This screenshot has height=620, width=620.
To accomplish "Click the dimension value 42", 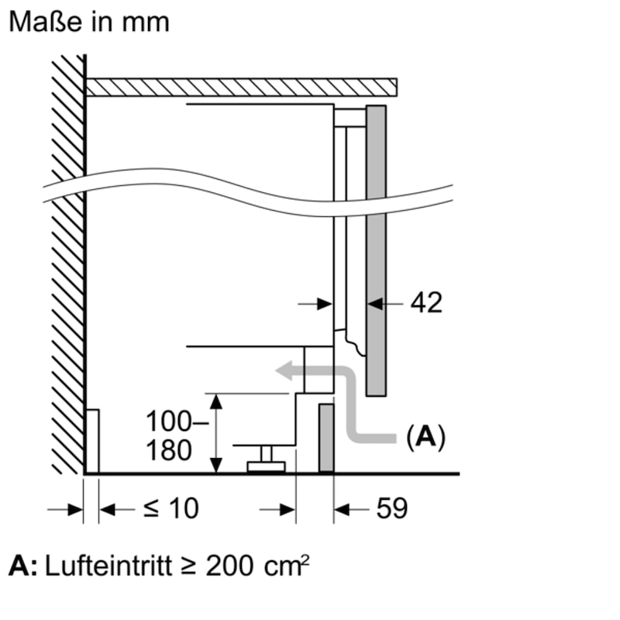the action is pyautogui.click(x=426, y=303).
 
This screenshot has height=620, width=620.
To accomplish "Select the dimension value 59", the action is pyautogui.click(x=392, y=508).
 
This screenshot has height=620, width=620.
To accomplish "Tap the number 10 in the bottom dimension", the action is pyautogui.click(x=184, y=508).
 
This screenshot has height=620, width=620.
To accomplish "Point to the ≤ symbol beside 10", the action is pyautogui.click(x=152, y=508).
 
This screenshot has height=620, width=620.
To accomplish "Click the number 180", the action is pyautogui.click(x=169, y=450).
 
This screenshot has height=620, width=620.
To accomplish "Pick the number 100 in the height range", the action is pyautogui.click(x=169, y=421).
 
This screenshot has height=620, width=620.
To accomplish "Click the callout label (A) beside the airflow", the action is pyautogui.click(x=425, y=437).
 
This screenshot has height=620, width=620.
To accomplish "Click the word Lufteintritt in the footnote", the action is pyautogui.click(x=108, y=566).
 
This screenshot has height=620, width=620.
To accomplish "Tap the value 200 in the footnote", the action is pyautogui.click(x=229, y=567).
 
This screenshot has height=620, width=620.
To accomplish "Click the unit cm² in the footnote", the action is pyautogui.click(x=286, y=566).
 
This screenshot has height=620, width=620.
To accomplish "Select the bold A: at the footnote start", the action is pyautogui.click(x=23, y=567).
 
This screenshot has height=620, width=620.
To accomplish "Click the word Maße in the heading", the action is pyautogui.click(x=46, y=22).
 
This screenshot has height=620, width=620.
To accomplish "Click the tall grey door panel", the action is pyautogui.click(x=376, y=250).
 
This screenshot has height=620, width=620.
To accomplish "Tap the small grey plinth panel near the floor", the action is pyautogui.click(x=326, y=438).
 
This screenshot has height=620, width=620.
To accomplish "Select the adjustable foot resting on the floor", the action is pyautogui.click(x=266, y=460).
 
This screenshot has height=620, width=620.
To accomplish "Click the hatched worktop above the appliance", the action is pyautogui.click(x=242, y=88).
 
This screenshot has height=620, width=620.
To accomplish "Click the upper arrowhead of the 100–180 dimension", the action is pyautogui.click(x=216, y=401).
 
